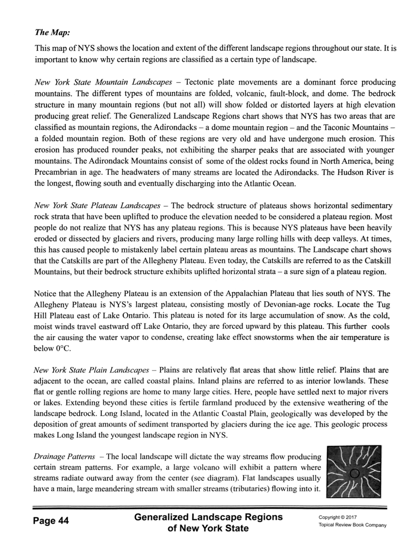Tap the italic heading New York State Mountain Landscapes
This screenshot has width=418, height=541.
pos(102,82)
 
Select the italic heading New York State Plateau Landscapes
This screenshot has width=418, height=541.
pos(97,206)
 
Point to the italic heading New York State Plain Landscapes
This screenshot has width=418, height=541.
pos(91,370)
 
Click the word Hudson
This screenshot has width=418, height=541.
pos(350,172)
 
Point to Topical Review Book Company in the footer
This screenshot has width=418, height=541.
pos(353,525)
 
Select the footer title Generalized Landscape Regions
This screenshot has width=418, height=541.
pos(208,517)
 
